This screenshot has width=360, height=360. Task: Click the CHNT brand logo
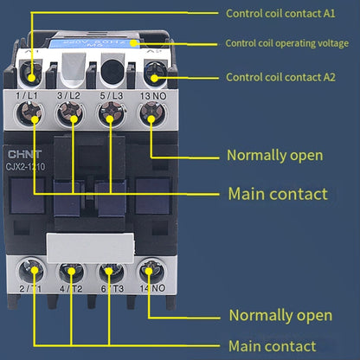[x=22, y=149]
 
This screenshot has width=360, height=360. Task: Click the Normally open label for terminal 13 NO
[x=274, y=156]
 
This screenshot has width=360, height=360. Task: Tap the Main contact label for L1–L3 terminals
[x=277, y=194]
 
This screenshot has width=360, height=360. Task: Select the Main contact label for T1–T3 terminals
[x=271, y=346]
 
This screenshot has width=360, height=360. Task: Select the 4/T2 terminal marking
[x=73, y=288]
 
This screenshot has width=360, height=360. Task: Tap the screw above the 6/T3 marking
[x=112, y=267]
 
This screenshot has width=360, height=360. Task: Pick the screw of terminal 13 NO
[x=151, y=112]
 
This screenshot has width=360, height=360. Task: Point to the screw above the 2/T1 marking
[x=32, y=267]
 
